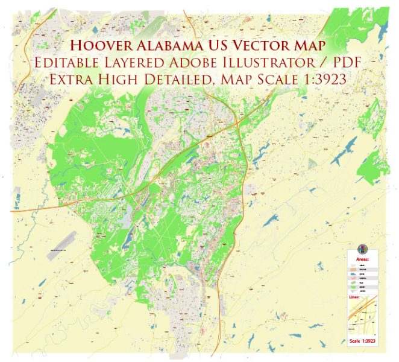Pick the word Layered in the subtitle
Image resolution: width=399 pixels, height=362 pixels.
[x=135, y=62]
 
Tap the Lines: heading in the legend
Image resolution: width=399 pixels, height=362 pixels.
[x=354, y=297]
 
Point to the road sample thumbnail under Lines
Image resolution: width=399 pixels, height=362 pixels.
[x=362, y=317]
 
